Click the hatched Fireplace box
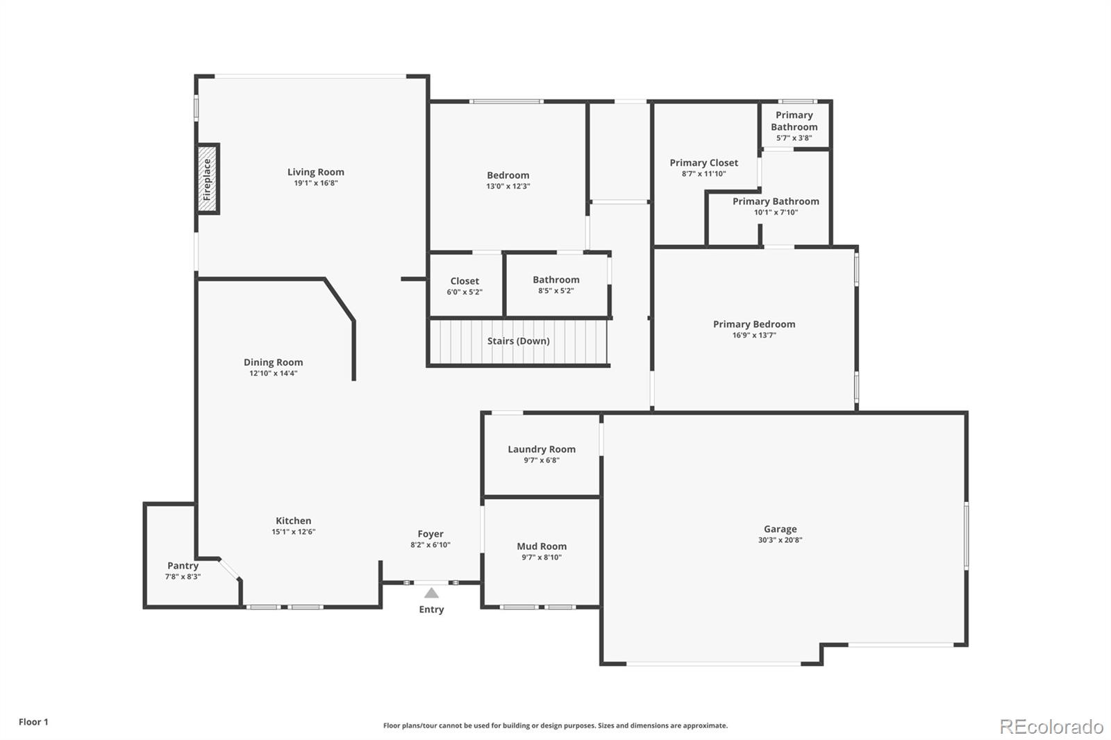208,179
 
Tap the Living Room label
316,172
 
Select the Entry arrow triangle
431,593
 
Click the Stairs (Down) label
518,341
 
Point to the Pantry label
183,566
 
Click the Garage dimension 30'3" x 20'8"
780,540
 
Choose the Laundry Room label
542,449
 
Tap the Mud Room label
542,546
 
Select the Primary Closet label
703,162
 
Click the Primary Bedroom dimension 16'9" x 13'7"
754,335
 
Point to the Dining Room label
273,362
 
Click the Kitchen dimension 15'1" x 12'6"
293,532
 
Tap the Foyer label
431,534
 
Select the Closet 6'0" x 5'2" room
465,285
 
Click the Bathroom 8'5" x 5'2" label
556,280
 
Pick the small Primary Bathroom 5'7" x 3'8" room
794,125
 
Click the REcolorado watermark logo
1051,727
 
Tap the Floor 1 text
33,722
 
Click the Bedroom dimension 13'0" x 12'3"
508,186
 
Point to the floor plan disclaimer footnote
555,725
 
